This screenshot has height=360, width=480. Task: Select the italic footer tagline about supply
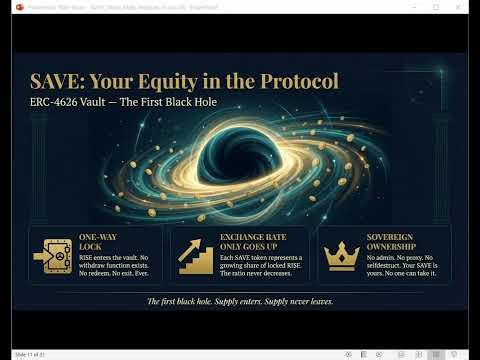click(240, 301)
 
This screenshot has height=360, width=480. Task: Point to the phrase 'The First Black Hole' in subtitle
click(168, 103)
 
